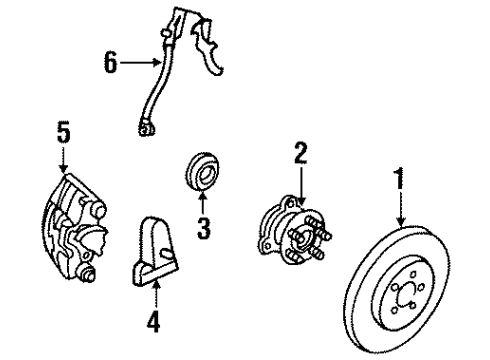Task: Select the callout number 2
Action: (299, 153)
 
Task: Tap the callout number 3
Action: (203, 228)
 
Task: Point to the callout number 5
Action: (63, 132)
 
